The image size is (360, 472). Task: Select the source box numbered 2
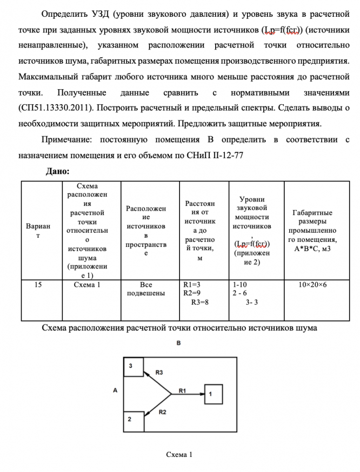click(x=133, y=421)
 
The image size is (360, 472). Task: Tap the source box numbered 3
click(x=133, y=367)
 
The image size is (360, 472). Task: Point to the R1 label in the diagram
click(x=182, y=389)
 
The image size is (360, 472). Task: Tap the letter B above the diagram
click(x=178, y=343)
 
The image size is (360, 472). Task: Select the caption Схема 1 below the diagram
click(x=179, y=454)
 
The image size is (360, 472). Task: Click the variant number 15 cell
click(x=38, y=284)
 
